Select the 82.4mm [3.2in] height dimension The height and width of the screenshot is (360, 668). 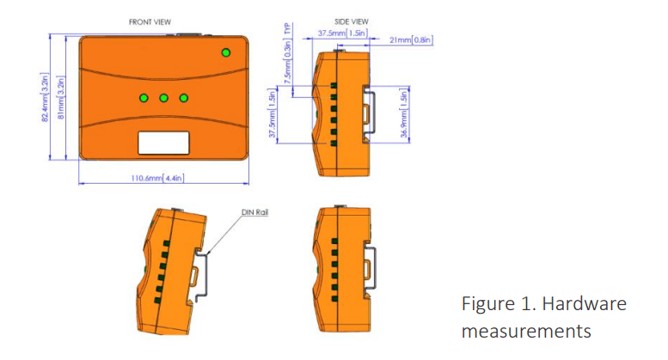(44, 100)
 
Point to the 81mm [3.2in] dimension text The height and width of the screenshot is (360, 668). (60, 100)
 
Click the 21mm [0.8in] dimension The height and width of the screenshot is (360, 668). (410, 40)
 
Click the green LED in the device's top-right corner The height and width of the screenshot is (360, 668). (226, 53)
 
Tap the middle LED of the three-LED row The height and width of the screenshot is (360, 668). (163, 97)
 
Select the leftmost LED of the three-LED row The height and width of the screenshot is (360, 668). (144, 97)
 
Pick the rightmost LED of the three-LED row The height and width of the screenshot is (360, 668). (183, 97)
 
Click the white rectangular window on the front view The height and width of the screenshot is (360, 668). (163, 142)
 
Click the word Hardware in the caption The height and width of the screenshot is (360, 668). (587, 304)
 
